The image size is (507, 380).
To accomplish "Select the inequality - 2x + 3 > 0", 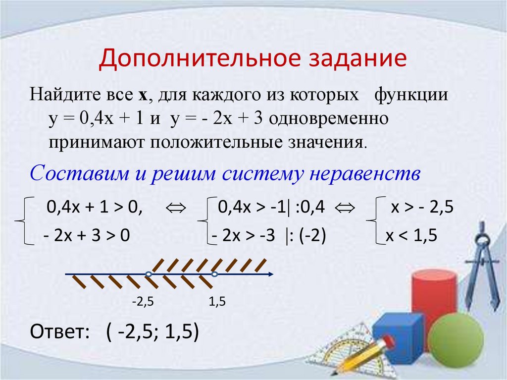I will (x=86, y=236).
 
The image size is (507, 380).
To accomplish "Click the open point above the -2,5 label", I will (x=148, y=274).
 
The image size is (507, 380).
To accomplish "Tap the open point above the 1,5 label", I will (x=214, y=274).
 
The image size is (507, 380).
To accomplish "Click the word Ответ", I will (x=59, y=331).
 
